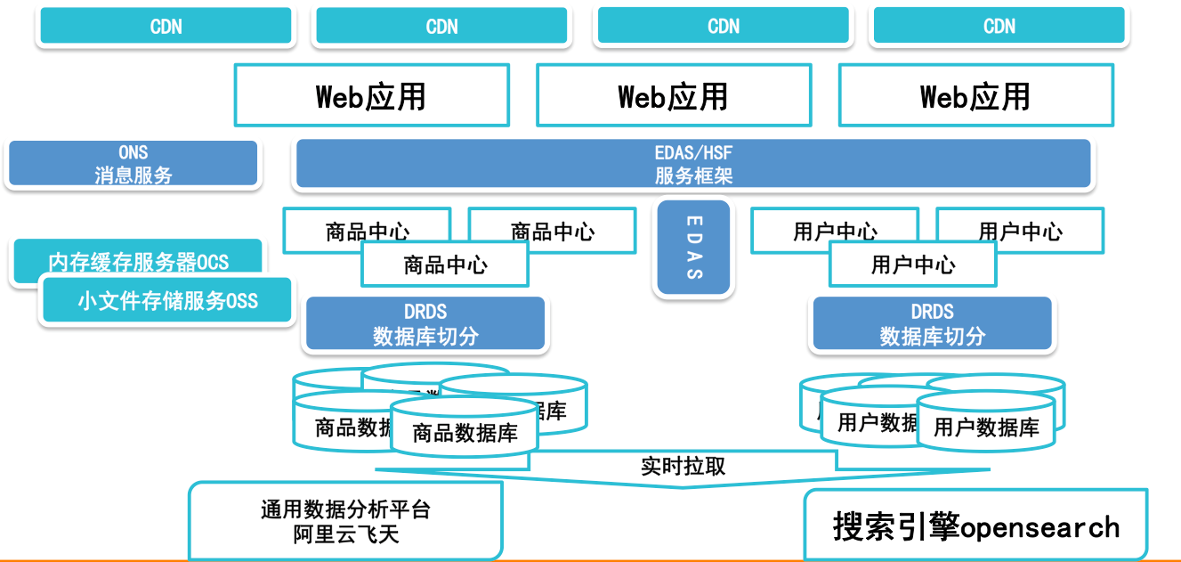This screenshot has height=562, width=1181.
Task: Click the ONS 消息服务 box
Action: tap(133, 164)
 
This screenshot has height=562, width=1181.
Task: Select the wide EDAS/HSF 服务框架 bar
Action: tap(692, 164)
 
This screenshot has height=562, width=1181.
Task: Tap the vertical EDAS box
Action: tap(693, 248)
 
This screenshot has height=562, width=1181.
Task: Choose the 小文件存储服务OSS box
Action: tap(167, 300)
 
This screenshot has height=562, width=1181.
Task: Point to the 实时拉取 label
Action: tap(683, 466)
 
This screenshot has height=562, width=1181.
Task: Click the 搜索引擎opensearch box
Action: tap(975, 525)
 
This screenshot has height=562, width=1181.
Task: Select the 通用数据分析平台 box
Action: tap(345, 521)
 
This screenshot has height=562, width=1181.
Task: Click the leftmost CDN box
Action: tap(166, 27)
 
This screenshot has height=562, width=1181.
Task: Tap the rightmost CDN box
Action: tap(999, 27)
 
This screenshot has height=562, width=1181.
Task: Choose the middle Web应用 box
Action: tap(673, 95)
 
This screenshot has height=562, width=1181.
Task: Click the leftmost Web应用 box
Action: tap(371, 95)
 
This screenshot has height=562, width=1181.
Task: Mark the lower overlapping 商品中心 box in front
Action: tap(445, 265)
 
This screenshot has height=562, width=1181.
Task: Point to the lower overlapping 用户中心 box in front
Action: tap(912, 265)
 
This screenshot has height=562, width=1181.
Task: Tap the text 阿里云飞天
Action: tap(345, 534)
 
